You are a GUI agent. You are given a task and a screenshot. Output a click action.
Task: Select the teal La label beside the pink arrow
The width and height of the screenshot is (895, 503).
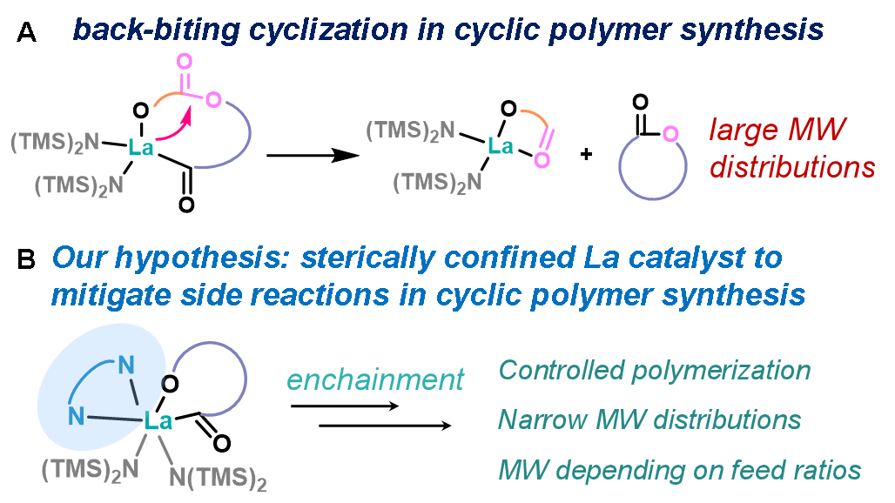[x=141, y=148]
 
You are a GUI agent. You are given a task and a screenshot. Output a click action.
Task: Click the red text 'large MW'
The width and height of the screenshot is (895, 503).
[x=777, y=131]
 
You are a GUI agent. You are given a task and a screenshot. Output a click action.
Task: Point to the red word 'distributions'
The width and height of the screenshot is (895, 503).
[x=792, y=167]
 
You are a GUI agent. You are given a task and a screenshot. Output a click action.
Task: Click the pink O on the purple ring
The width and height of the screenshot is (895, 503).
[x=670, y=133]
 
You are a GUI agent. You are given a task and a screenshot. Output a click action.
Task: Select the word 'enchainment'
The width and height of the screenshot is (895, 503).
[x=375, y=379]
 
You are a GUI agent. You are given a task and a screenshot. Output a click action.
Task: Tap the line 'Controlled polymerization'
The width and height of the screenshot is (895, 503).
[x=655, y=370]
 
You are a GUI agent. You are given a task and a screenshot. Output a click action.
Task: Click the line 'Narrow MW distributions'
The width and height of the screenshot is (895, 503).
[x=649, y=419]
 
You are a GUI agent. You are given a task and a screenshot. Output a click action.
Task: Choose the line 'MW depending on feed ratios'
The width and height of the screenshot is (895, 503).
[x=680, y=471]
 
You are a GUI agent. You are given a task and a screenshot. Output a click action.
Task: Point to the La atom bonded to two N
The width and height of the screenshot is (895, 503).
[x=158, y=424]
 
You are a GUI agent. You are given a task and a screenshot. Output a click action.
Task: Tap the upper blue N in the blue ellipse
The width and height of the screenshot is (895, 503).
[x=127, y=365]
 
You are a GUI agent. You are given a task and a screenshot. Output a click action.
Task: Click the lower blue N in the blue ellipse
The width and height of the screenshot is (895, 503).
[x=77, y=416]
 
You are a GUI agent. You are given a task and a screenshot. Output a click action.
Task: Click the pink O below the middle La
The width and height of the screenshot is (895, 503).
[x=542, y=160]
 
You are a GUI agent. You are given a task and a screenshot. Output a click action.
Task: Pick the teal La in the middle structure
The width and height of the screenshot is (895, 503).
[x=501, y=146]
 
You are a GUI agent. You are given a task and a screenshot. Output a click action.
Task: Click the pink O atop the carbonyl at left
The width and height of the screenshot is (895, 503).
[x=185, y=61]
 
